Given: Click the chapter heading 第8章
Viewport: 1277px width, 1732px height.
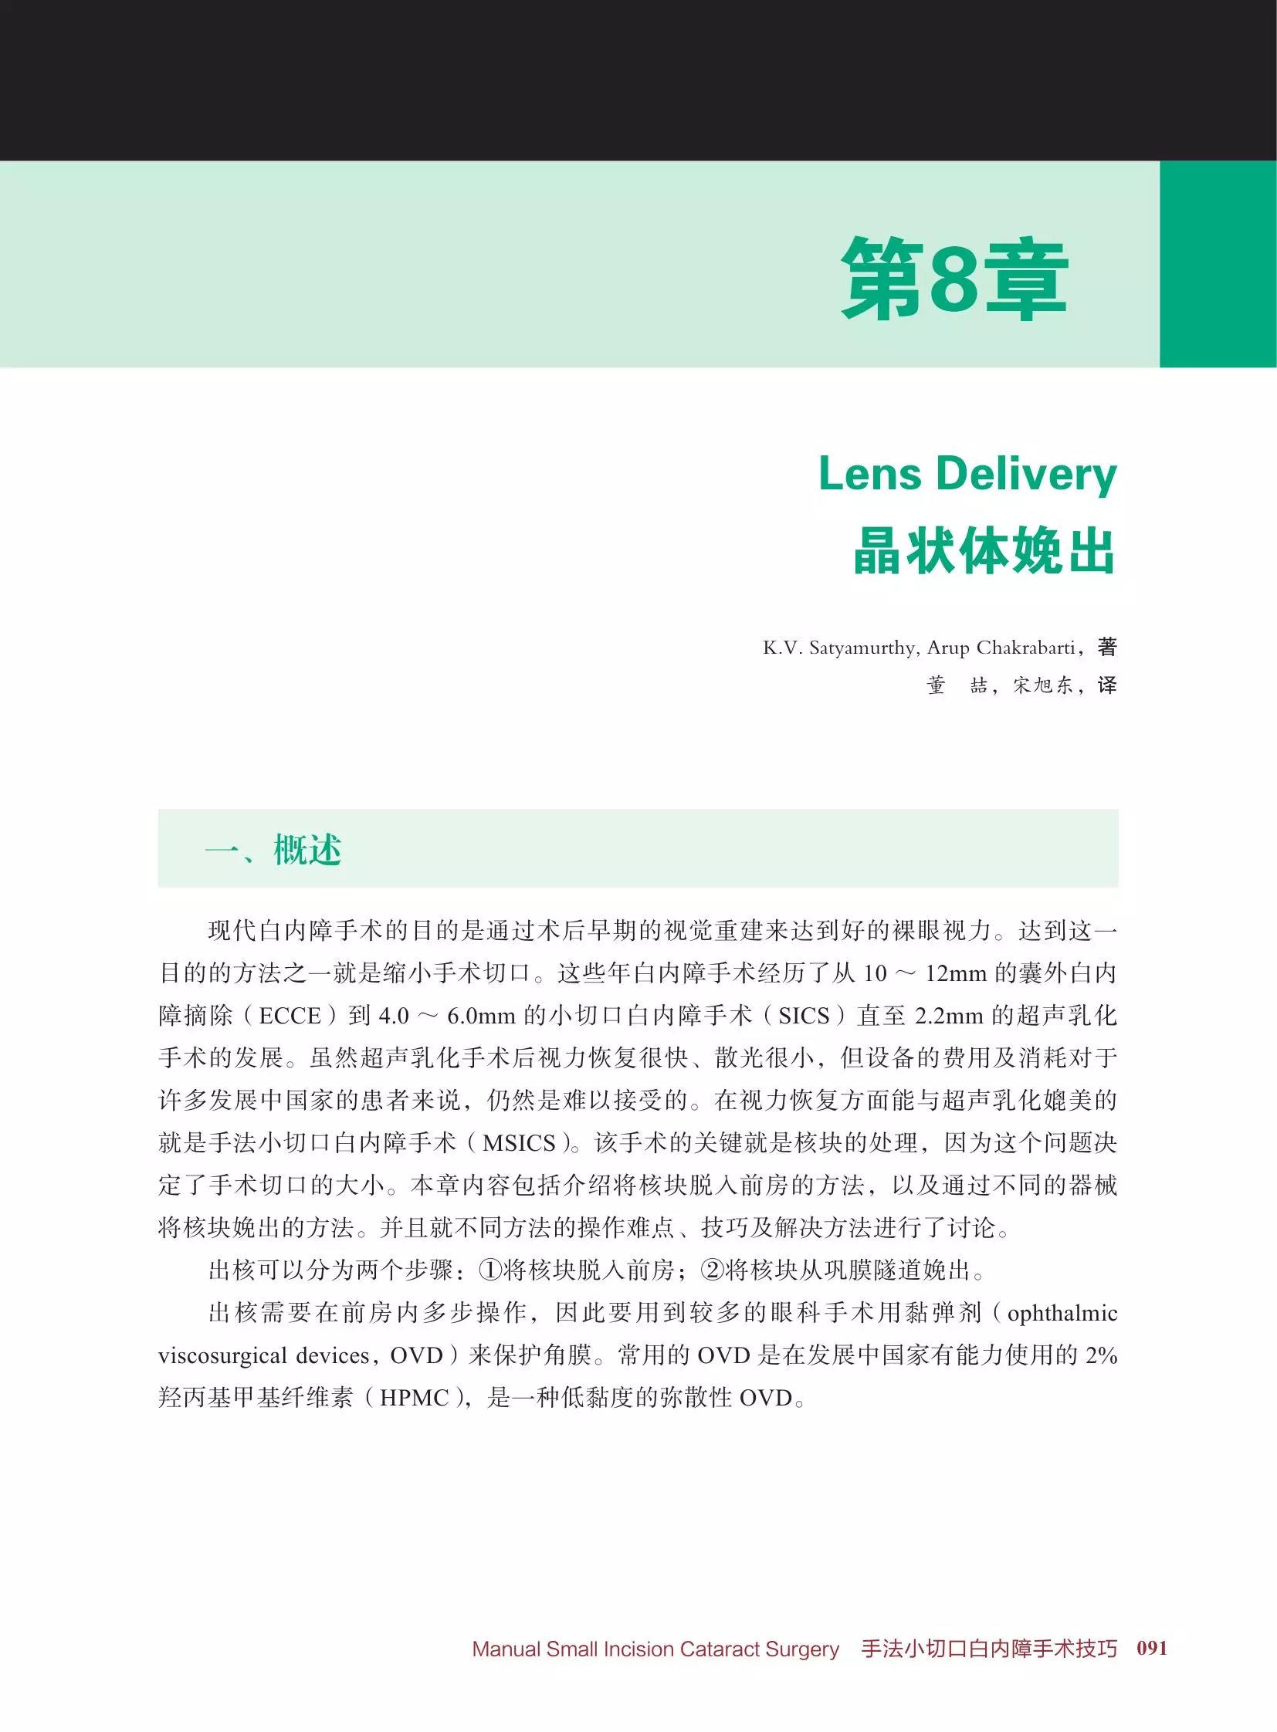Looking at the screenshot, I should pos(954,279).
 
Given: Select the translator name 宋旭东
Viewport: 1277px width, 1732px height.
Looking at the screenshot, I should pos(1043,685).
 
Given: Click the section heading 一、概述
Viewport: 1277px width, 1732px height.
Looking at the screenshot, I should pos(273,850).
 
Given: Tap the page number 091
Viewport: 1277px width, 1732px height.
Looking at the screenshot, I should pos(1152,1648).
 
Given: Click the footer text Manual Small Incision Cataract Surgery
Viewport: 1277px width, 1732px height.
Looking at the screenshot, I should pos(655,1649).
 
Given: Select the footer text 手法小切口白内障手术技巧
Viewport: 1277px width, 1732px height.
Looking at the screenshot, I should pos(990,1649).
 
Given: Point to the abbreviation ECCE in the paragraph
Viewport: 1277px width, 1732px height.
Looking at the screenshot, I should pos(290,1017).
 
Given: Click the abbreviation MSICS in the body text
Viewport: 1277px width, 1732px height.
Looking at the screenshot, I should pos(520,1143).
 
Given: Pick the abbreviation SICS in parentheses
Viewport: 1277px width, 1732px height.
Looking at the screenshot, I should pos(804,1017).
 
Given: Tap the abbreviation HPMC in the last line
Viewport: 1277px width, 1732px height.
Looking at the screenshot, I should pos(414,1398).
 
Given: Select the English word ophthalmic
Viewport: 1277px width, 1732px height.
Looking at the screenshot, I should pos(1063,1313).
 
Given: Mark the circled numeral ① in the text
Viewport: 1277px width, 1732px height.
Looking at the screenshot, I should pos(491,1270).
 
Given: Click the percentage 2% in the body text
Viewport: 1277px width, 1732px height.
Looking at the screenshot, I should pos(1101,1355).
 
